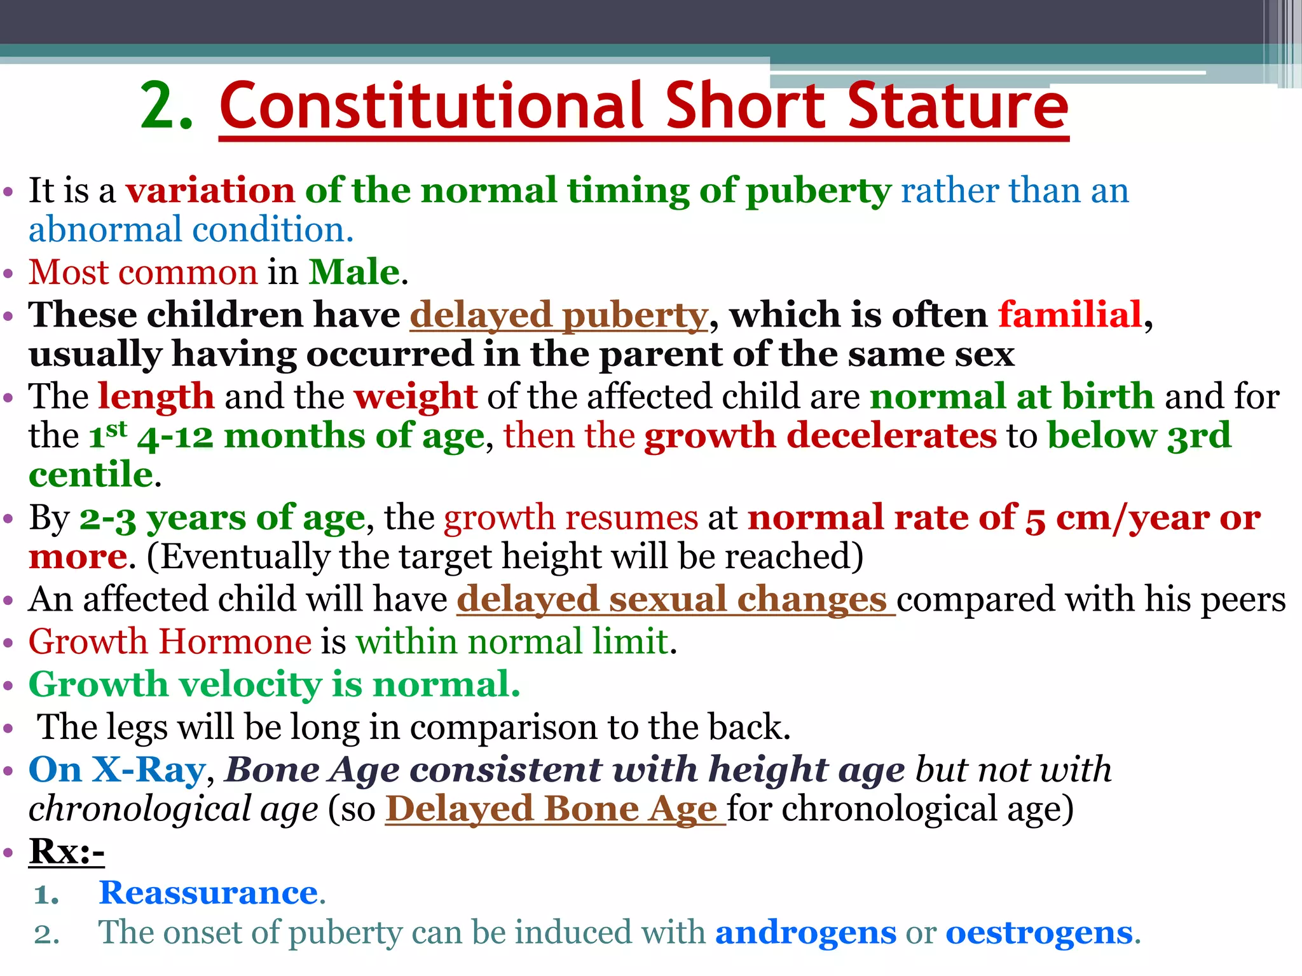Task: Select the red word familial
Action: point(1070,315)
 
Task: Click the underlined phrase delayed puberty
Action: point(558,315)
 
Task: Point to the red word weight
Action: point(416,396)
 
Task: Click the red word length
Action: point(156,396)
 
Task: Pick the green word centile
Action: point(91,475)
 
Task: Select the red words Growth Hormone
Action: point(170,641)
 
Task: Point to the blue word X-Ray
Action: point(149,769)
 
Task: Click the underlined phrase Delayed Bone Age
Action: point(551,809)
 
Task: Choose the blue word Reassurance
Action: point(209,893)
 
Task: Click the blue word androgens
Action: point(805,933)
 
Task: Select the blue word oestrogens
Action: point(1039,933)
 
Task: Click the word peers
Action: point(1247,599)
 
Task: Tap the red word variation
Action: point(210,191)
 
